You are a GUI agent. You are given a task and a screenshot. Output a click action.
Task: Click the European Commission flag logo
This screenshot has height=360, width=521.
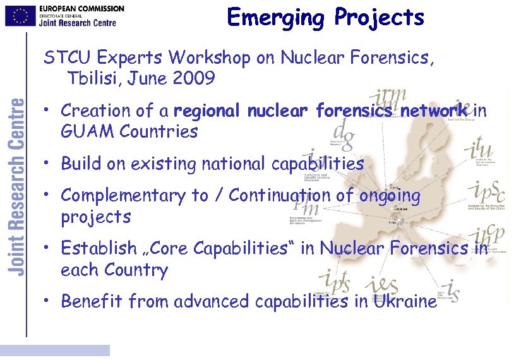click(x=20, y=16)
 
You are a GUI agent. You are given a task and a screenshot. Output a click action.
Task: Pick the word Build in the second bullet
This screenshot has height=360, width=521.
click(x=81, y=164)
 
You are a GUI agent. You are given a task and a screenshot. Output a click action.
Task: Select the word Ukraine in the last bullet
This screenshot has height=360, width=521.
click(x=405, y=301)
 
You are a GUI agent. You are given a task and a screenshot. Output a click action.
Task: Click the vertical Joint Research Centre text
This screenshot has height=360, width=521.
click(x=16, y=186)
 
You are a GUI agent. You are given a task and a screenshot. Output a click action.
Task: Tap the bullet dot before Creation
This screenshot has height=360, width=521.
click(x=48, y=111)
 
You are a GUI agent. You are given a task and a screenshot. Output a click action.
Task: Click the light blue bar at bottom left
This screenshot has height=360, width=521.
click(x=55, y=350)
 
